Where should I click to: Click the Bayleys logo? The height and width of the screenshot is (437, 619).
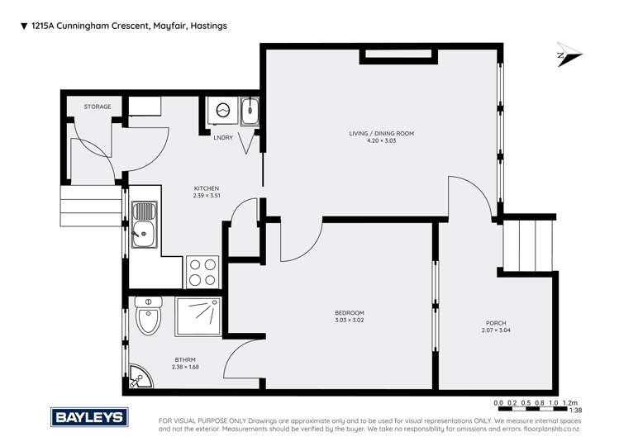click(88, 416)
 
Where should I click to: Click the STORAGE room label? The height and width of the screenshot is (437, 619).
click(97, 107)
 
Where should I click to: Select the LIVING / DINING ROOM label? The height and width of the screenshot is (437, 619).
click(381, 133)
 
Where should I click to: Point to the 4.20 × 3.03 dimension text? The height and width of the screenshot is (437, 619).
click(381, 140)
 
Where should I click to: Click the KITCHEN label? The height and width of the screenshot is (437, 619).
click(206, 188)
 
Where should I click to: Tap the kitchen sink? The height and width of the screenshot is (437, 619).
click(145, 224)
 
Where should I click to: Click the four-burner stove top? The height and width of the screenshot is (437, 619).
click(203, 272)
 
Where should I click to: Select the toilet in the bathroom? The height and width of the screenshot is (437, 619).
click(149, 317)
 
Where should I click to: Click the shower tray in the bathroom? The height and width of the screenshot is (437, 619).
click(198, 316)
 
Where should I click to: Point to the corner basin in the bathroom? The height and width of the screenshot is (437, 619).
click(138, 377)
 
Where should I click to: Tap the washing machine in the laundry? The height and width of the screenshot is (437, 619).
click(221, 112)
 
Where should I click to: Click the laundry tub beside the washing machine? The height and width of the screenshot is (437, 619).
click(250, 112)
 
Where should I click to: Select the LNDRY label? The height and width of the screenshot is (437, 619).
click(223, 137)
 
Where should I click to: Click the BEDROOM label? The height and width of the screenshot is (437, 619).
click(349, 312)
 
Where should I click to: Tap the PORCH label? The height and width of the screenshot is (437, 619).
click(496, 323)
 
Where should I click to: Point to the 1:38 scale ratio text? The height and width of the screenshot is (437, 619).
click(576, 410)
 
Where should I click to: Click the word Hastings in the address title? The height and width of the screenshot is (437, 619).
click(208, 26)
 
